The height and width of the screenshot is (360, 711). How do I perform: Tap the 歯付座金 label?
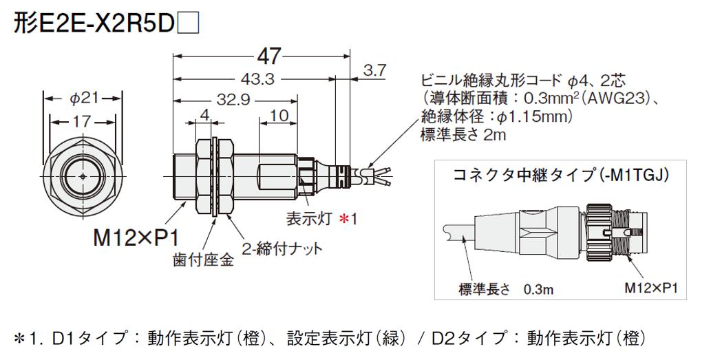click(x=203, y=260)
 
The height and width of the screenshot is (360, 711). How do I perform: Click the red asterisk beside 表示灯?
click(x=343, y=219)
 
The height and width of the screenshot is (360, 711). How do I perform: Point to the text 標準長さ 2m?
click(x=463, y=135)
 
